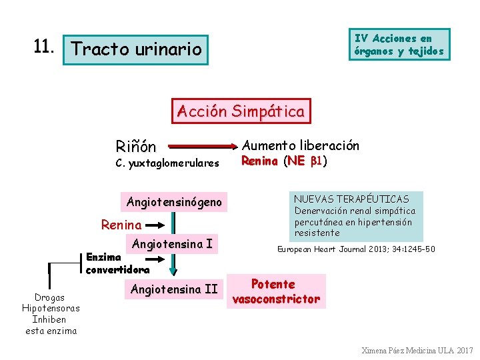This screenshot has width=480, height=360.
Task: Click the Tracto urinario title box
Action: click(136, 49)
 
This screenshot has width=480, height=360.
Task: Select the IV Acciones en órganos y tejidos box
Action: click(399, 45)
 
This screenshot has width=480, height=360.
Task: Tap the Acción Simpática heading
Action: click(241, 111)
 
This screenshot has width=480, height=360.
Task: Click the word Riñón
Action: click(135, 146)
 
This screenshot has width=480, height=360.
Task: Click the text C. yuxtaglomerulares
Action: click(167, 163)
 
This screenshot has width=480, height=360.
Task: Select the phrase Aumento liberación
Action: click(300, 145)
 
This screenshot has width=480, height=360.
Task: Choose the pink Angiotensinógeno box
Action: click(174, 202)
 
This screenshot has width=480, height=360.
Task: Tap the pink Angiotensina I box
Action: click(172, 244)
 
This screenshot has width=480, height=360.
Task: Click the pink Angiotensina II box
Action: click(174, 289)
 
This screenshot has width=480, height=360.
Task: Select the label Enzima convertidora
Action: click(117, 263)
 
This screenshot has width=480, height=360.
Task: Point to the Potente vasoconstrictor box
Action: click(276, 291)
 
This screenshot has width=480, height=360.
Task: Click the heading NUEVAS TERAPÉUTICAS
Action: click(351, 199)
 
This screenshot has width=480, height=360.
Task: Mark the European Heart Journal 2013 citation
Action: click(356, 249)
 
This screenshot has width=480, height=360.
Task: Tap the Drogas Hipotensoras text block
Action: click(51, 313)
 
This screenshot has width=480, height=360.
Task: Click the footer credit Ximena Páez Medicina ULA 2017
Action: click(417, 350)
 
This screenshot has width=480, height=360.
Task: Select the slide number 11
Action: click(44, 47)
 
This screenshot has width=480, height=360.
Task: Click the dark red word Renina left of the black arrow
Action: click(121, 225)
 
